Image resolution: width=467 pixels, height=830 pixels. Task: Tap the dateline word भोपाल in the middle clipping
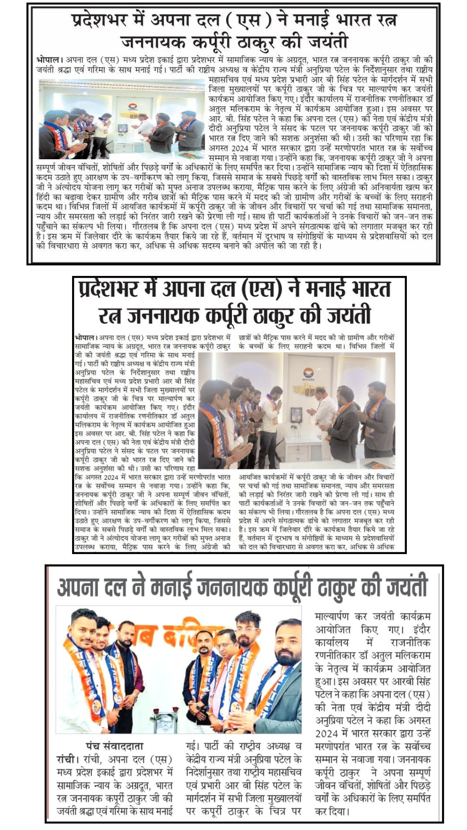[85, 338]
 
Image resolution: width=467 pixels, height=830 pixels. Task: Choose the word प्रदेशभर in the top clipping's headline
[107, 21]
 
